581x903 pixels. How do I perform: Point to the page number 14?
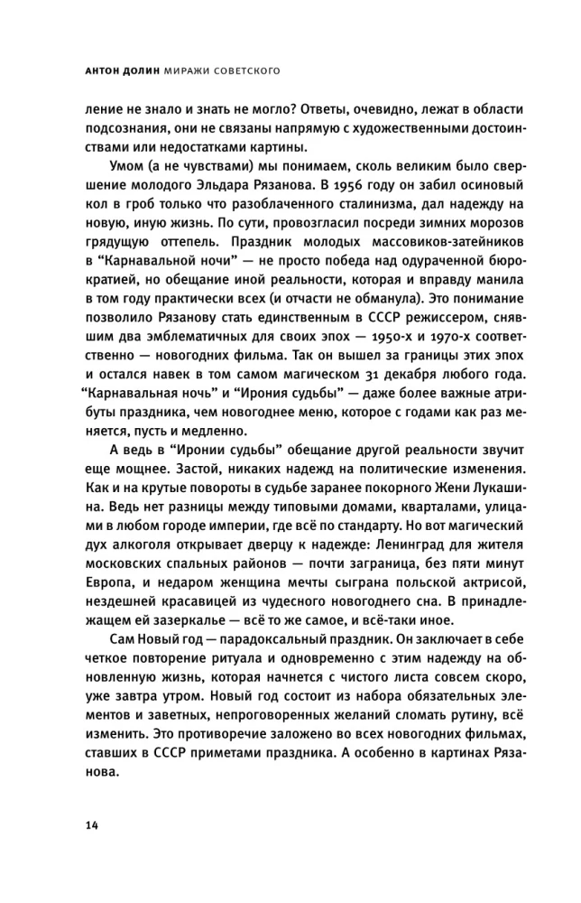tap(91, 827)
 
